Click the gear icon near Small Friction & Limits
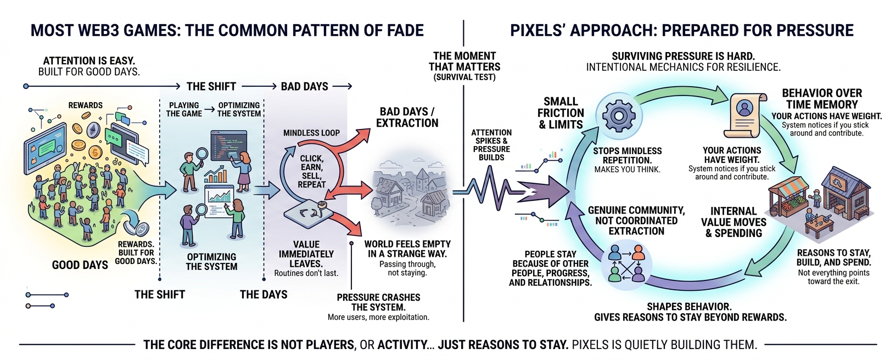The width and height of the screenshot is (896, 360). tap(618, 115)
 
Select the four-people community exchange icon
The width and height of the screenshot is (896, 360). tap(626, 263)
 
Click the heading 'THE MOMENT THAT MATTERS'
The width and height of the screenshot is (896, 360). tap(464, 61)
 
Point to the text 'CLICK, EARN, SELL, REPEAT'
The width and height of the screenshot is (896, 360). tap(311, 171)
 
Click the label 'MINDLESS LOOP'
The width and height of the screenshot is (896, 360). tap(311, 133)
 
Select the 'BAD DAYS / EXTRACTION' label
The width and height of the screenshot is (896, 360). tap(407, 117)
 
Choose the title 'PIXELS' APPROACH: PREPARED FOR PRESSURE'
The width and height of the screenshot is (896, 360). tap(681, 30)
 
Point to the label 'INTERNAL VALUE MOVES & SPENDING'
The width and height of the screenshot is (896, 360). tap(733, 222)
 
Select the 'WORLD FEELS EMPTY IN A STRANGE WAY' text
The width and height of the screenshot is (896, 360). tap(407, 249)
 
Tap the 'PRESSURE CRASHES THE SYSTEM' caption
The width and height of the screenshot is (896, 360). tap(378, 302)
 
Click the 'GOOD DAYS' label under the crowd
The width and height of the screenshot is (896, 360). tap(80, 265)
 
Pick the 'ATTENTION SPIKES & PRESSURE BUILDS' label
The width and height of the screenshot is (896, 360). tap(491, 145)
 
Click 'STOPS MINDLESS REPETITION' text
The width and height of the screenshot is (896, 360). tap(627, 155)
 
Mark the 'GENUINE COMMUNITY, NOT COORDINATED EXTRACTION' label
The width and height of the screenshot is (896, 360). tap(636, 221)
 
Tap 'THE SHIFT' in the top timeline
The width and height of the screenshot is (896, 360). tap(211, 86)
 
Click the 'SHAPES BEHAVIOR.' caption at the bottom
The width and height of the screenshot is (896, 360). tap(689, 306)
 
